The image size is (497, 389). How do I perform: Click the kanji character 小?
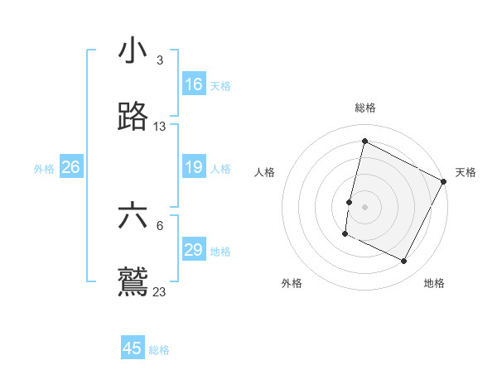tap(133, 51)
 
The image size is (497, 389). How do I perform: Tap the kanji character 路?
tap(133, 118)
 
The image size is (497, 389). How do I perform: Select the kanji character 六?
tap(133, 217)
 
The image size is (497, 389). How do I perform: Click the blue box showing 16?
tap(194, 84)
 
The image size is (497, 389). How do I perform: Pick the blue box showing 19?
tap(194, 168)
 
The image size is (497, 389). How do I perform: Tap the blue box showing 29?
tap(194, 251)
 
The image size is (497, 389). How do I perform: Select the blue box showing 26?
tap(70, 168)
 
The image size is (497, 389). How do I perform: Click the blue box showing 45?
tap(133, 348)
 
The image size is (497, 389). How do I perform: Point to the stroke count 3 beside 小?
tap(159, 60)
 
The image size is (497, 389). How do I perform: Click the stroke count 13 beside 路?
tap(160, 127)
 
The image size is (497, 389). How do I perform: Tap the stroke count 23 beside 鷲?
tap(160, 291)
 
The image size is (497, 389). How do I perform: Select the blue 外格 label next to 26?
tap(44, 169)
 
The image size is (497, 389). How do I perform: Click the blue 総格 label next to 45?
tap(159, 350)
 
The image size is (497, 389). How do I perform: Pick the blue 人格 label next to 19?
tap(220, 169)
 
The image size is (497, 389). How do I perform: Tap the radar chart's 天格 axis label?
tap(466, 172)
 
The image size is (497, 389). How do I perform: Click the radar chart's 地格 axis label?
tap(434, 283)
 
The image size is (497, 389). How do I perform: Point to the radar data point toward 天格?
tap(444, 180)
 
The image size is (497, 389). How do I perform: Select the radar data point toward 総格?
tap(364, 142)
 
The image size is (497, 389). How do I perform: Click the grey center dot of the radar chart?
tap(364, 206)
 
